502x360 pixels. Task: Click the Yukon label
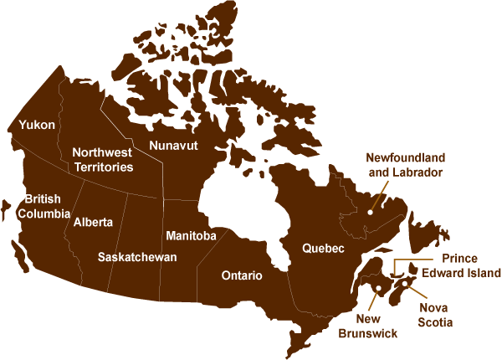38,126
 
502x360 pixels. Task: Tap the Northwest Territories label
103,160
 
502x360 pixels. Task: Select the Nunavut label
173,146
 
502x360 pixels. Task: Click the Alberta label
93,223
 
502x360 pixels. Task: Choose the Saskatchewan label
137,257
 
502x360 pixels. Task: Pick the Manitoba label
192,236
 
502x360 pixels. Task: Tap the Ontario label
242,275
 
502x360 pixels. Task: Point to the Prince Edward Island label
459,266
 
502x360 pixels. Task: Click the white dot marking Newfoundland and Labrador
369,213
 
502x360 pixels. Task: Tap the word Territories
103,167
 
